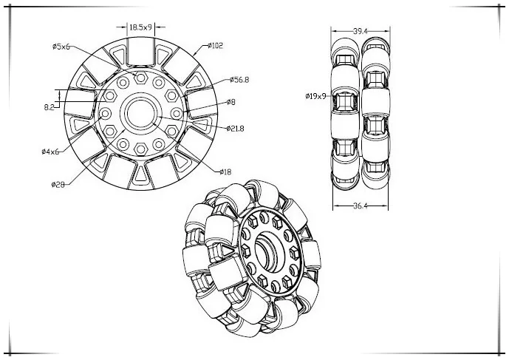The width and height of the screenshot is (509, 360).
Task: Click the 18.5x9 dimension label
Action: pos(140,27)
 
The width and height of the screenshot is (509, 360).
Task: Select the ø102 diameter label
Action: pos(216,46)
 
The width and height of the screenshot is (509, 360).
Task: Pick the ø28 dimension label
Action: pos(59,185)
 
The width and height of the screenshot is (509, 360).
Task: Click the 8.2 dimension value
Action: pos(49,108)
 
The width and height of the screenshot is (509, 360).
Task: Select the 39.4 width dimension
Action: pos(360,31)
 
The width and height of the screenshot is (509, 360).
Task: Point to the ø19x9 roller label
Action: pos(315,96)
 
